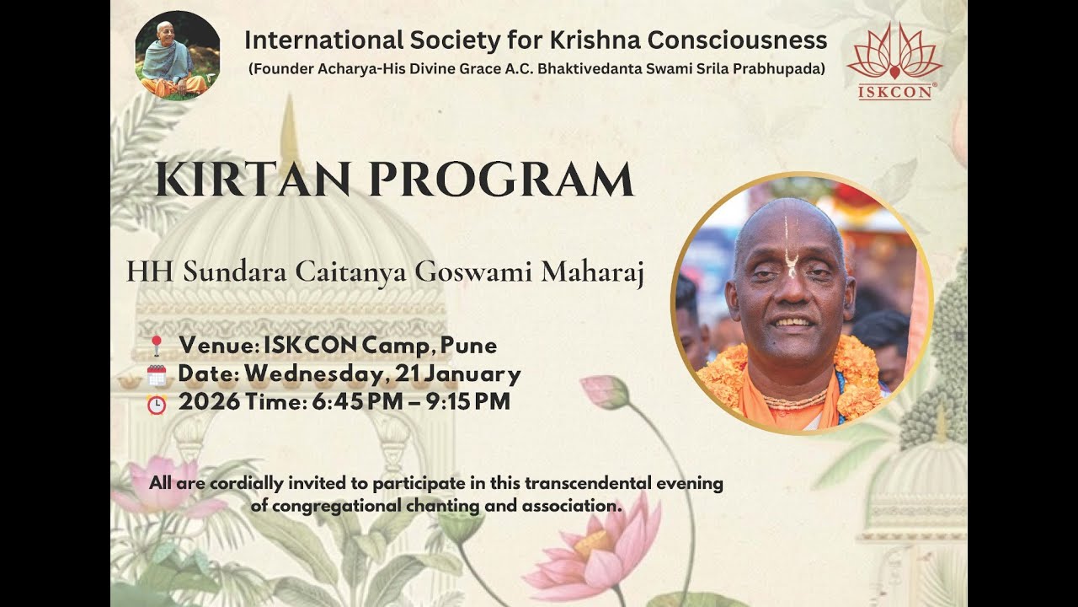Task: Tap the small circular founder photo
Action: pos(178,56)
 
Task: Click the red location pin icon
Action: pos(156,346)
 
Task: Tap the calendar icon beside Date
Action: pos(157,375)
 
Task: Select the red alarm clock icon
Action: pos(157,404)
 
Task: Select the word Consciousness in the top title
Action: pos(756,40)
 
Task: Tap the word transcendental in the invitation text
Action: pos(587,484)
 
